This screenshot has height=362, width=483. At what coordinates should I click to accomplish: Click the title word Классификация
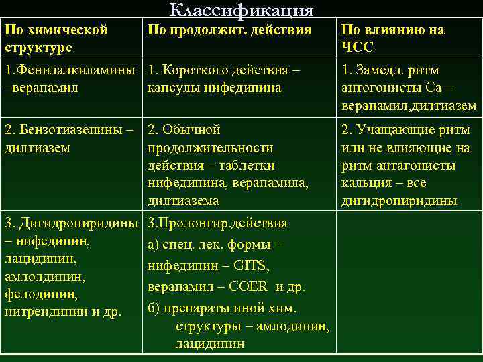click(241, 10)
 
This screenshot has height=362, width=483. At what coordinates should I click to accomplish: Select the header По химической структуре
click(56, 39)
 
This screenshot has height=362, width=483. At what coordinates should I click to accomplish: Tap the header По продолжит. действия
click(229, 30)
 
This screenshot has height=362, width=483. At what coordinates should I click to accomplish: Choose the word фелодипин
click(40, 294)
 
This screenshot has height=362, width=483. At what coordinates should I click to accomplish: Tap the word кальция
click(364, 183)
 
